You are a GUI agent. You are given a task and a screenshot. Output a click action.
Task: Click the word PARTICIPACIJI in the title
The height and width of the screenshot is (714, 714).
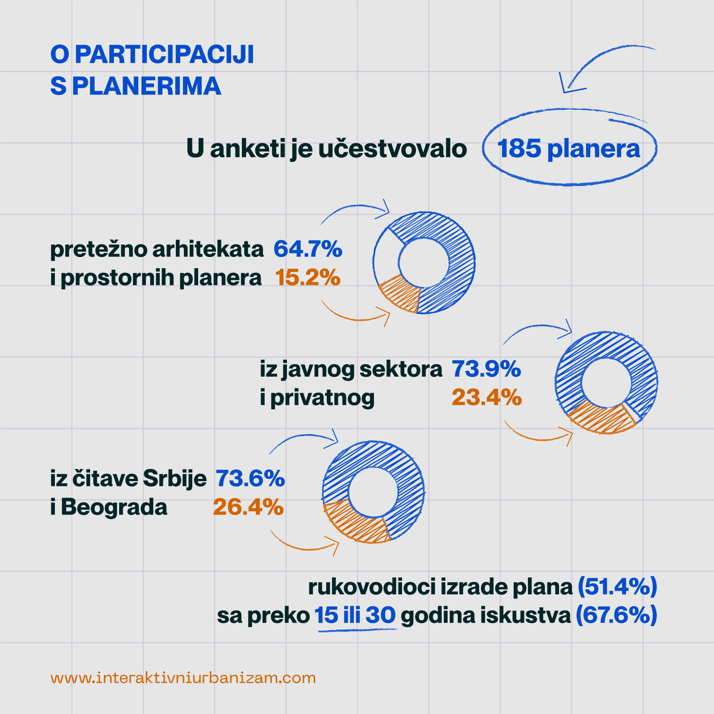164,54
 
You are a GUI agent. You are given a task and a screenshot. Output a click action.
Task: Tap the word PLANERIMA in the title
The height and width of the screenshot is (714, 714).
146,86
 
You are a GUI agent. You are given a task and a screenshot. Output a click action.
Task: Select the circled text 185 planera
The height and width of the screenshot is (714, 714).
569,148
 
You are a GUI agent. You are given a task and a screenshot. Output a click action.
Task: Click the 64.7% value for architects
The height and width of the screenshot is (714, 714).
307,249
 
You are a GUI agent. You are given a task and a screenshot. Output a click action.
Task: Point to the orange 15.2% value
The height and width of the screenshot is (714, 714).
307,277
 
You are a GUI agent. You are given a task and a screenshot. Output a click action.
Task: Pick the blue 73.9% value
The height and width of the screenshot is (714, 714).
486,369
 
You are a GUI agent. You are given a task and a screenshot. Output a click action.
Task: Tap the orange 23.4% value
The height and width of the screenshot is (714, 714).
486,397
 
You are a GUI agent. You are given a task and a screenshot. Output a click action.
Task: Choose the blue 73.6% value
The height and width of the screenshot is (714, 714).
250,478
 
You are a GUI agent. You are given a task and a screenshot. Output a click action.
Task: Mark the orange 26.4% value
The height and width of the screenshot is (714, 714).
248,507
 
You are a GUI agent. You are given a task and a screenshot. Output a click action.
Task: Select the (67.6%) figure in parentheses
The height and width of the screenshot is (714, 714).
616,615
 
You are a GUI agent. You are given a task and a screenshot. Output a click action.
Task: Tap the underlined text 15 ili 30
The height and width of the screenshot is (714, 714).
355,615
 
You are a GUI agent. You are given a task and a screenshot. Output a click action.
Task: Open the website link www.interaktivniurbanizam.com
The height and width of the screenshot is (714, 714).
183,678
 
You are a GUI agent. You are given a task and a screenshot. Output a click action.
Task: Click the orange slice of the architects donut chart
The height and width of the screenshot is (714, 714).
399,293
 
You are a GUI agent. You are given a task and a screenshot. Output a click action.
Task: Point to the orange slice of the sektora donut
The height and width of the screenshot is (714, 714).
600,418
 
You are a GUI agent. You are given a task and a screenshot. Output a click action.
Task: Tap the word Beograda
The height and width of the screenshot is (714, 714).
114,507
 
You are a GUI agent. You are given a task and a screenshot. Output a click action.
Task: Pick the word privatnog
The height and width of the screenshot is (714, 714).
322,398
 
